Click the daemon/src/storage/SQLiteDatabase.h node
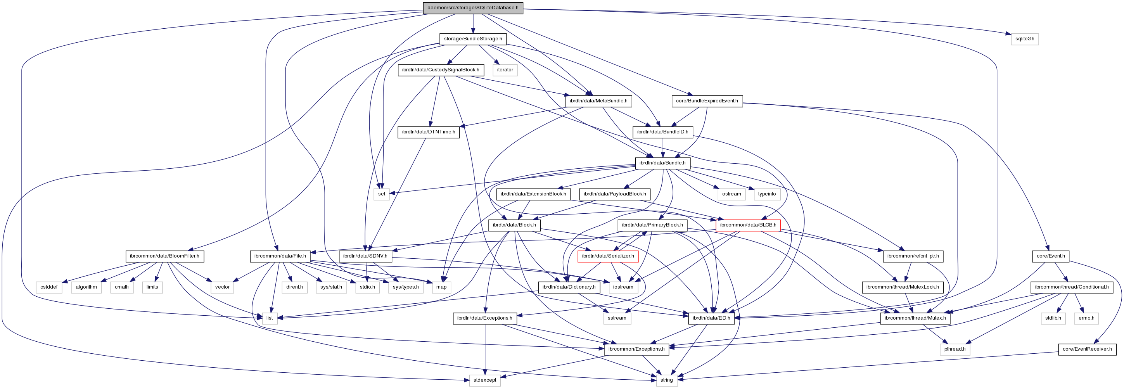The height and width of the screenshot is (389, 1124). tap(472, 8)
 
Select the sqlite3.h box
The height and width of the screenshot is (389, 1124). tap(1025, 39)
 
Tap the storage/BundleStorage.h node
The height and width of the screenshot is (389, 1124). tap(472, 39)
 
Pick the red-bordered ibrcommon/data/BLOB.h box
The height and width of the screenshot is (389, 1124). tap(748, 225)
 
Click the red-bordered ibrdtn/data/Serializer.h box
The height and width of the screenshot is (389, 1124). tap(608, 256)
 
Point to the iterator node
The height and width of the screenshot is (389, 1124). tap(505, 70)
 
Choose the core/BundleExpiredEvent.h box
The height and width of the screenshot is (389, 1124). tap(707, 101)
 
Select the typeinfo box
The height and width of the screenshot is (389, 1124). tap(767, 194)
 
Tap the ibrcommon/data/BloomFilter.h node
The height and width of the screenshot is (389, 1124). tap(164, 256)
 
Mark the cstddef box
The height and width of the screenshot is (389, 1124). tap(49, 287)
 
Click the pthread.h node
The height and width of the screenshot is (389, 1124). tap(955, 349)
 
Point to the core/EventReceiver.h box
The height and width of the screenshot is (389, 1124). tap(1087, 349)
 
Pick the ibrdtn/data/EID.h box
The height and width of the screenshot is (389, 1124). tap(711, 318)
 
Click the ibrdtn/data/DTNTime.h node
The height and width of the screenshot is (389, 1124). tap(429, 132)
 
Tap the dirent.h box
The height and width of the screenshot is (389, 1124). tap(294, 287)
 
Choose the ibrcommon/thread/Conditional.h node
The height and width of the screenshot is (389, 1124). tap(1072, 287)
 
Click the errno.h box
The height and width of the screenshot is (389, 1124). tap(1086, 318)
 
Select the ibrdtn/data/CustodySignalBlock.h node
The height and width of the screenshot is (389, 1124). tap(440, 70)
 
